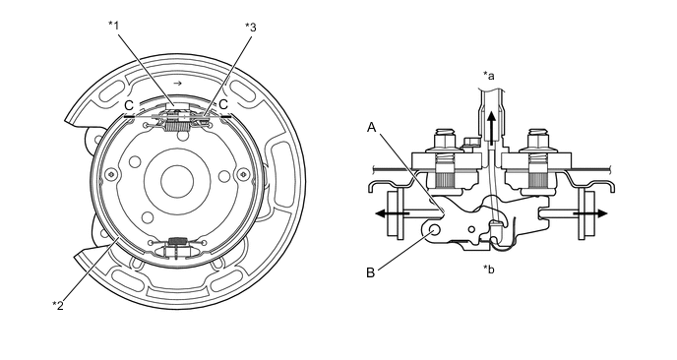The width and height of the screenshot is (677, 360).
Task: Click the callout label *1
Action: point(113,25)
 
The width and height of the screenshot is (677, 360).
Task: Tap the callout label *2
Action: point(58,306)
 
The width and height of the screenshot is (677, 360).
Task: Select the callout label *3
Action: point(250,28)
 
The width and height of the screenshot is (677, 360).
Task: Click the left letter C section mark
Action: point(129,105)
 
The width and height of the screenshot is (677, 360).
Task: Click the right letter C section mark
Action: point(223,104)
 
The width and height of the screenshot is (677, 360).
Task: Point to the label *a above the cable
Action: point(489,76)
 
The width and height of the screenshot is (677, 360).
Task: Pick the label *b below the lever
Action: point(489,270)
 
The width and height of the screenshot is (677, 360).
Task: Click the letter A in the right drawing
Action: point(372,127)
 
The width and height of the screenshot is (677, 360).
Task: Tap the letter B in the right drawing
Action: point(370,273)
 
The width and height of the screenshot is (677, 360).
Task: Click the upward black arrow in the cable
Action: point(491,128)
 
